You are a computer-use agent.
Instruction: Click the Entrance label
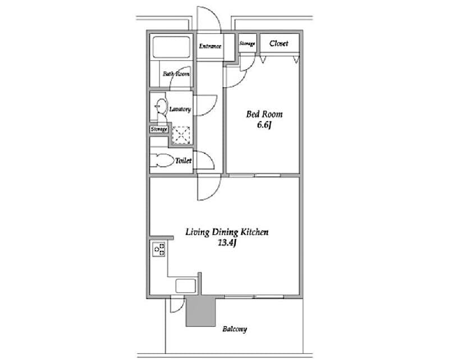click(x=210, y=47)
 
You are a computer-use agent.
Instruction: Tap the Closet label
click(x=279, y=43)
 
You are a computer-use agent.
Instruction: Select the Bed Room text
click(x=264, y=115)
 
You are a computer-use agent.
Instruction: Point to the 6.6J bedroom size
click(x=264, y=125)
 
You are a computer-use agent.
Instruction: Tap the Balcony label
click(x=235, y=329)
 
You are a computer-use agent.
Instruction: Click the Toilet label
click(x=183, y=161)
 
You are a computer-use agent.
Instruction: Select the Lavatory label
click(x=180, y=109)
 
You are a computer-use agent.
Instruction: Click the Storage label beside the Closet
click(x=248, y=44)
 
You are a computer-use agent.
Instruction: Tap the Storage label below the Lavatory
click(x=159, y=130)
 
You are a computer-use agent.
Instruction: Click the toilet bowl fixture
click(x=163, y=160)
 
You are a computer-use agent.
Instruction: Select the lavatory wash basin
click(x=161, y=107)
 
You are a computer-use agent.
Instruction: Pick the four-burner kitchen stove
click(x=158, y=249)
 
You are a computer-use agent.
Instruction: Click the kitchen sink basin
click(x=185, y=285)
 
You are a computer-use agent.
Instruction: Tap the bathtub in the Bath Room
click(x=171, y=47)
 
